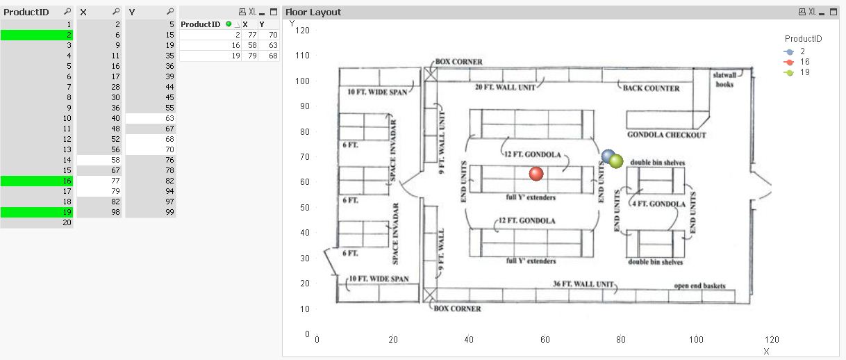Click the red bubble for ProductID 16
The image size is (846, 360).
536,174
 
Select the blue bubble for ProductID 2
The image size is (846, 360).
608,156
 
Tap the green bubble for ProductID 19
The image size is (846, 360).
616,161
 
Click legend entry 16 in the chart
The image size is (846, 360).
804,62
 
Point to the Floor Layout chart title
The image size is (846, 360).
313,13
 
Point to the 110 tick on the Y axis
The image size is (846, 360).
302,56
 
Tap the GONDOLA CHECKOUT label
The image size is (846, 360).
666,135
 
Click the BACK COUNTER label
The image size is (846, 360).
651,88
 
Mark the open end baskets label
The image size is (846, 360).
700,286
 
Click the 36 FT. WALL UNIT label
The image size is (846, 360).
583,284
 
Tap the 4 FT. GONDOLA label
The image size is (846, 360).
658,204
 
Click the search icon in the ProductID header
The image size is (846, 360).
66,13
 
